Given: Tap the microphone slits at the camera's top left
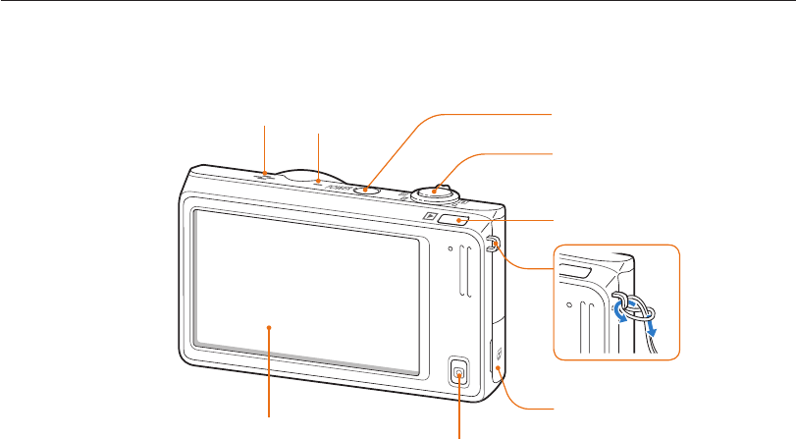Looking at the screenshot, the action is click(267, 175).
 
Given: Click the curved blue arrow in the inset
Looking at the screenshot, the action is click(617, 312).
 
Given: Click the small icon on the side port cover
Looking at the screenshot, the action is click(499, 354).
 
